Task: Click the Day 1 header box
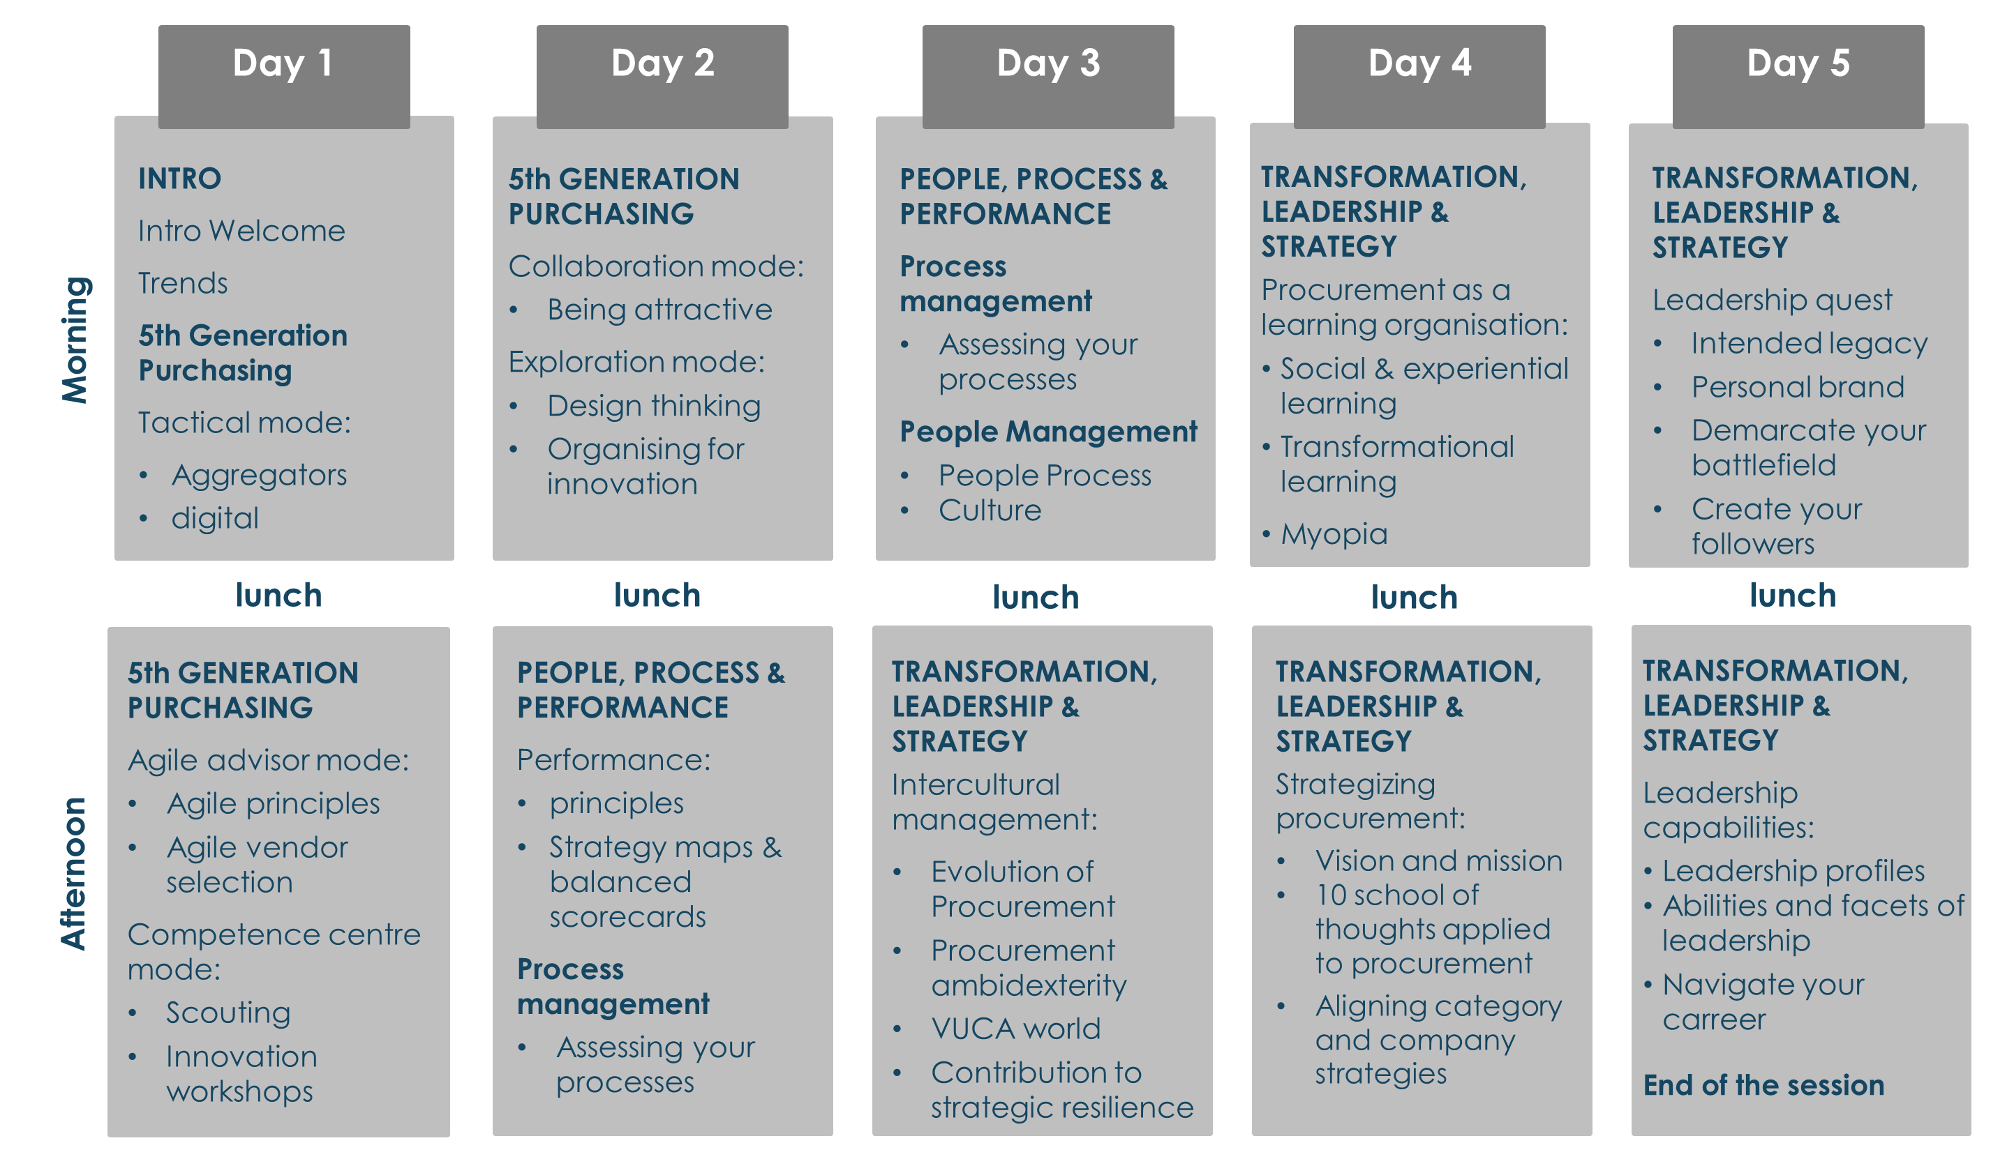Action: (283, 77)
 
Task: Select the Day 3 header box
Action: (1048, 77)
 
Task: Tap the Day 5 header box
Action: (1798, 77)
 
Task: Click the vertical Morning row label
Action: (75, 340)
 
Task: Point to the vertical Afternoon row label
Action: (74, 873)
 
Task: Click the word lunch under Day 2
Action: (657, 596)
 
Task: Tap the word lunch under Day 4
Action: (1415, 597)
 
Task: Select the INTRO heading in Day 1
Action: (180, 179)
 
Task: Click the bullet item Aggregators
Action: (260, 475)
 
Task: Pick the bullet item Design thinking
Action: (654, 406)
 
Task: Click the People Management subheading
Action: (1048, 432)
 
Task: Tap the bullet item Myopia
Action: (1334, 534)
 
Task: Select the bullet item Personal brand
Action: (1798, 387)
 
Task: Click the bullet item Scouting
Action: (229, 1013)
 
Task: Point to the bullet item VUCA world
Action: (1016, 1029)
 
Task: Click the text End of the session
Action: (1764, 1085)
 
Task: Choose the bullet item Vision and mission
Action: (1439, 861)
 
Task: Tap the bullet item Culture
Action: (990, 510)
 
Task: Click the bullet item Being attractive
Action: (659, 310)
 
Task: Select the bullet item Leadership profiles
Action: (1793, 871)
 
